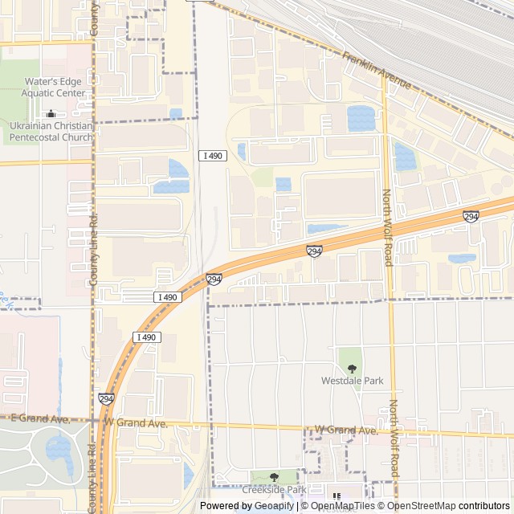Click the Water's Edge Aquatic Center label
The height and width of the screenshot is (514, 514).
pos(54,88)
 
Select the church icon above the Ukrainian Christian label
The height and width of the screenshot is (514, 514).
pos(51,113)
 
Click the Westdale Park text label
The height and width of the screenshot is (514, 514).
pos(352,381)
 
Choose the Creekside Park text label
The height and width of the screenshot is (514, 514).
pos(274,490)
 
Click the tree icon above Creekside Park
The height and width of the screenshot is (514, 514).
pos(274,477)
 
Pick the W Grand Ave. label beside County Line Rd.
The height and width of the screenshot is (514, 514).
pos(134,422)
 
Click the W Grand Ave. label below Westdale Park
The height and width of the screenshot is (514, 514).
pos(345,430)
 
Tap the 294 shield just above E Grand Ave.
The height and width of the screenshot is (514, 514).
pos(106,398)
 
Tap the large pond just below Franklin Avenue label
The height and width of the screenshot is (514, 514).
pos(361,118)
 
